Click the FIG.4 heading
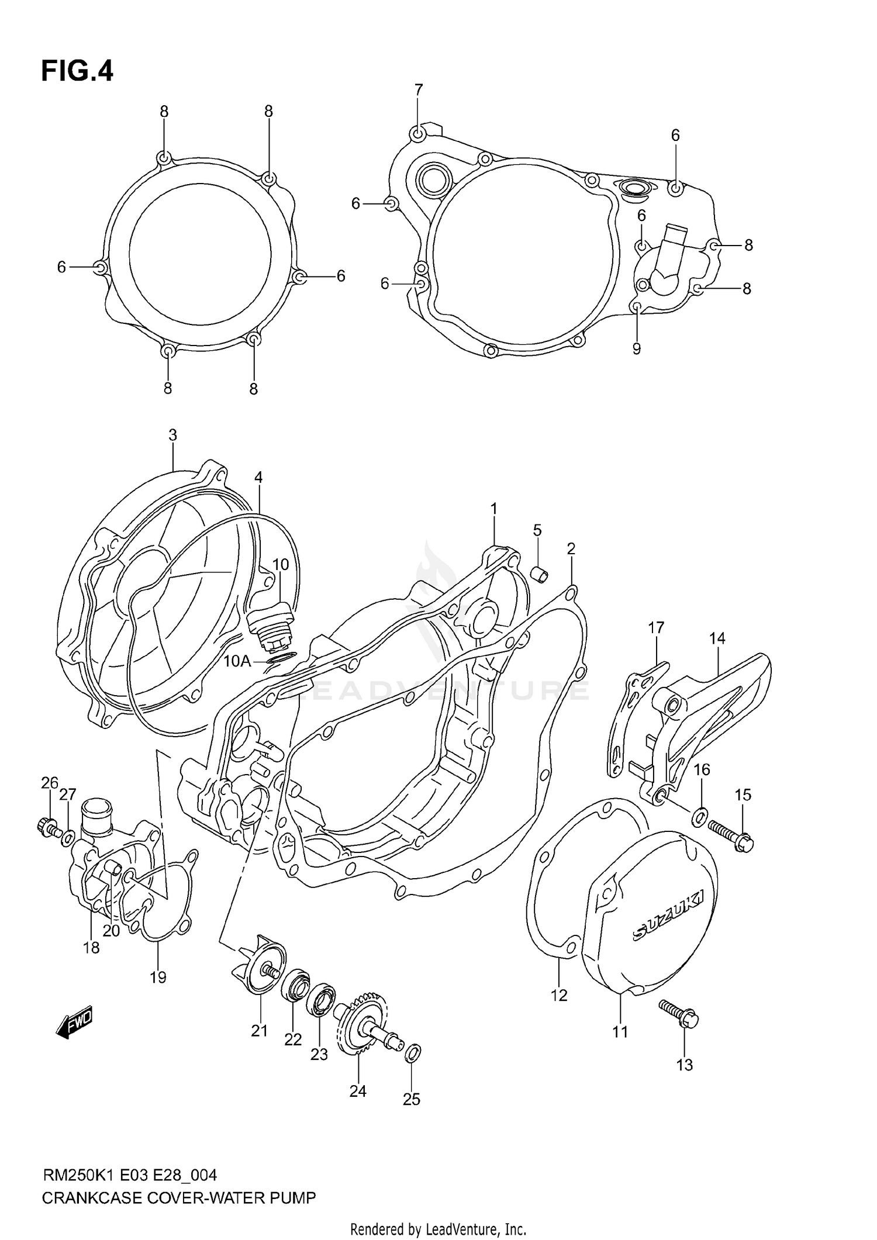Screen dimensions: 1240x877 point(77,71)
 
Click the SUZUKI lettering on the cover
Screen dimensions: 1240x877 point(669,915)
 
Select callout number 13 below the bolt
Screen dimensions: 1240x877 point(684,1065)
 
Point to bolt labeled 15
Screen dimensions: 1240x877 point(731,835)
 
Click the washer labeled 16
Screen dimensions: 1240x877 point(699,817)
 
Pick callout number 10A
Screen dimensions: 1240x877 point(237,661)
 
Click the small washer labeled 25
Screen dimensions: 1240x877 point(412,1053)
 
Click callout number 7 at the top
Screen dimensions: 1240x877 point(418,90)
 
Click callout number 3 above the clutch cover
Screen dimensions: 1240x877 point(172,435)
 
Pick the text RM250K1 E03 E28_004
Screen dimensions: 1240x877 point(130,1175)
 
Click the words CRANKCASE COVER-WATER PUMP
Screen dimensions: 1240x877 point(179,1198)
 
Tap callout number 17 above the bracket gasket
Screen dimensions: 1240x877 point(656,628)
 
